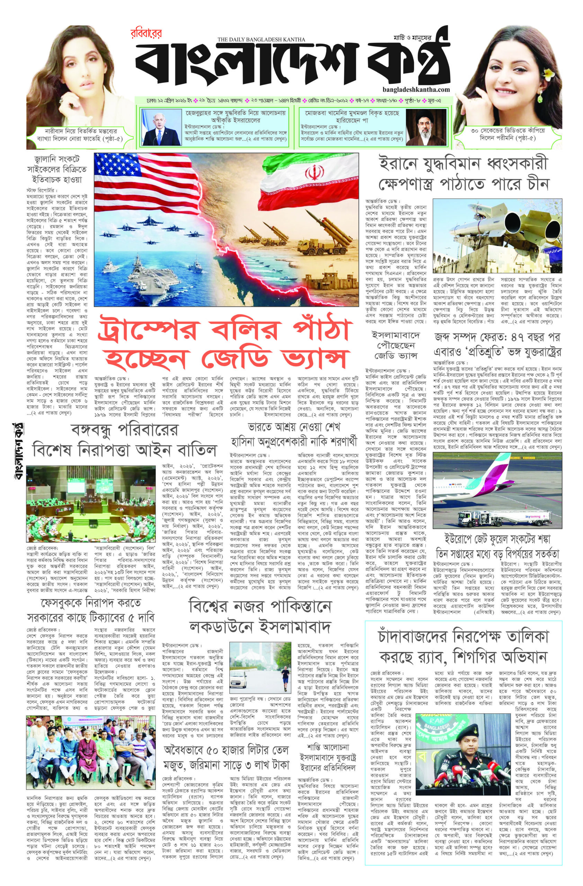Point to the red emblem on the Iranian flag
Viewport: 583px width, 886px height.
tap(312, 173)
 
